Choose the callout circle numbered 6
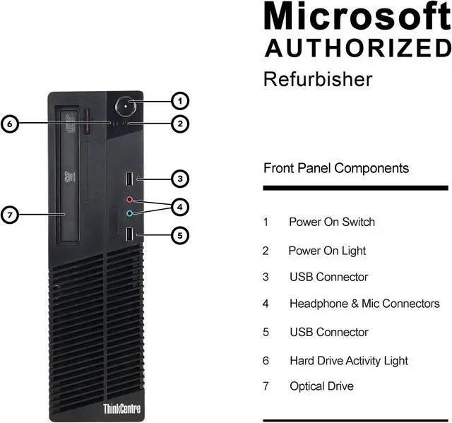(9, 124)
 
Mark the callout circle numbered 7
(9, 214)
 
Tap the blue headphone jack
(129, 213)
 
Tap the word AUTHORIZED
(357, 48)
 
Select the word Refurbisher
(317, 79)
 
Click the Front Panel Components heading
(336, 168)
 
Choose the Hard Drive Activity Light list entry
(348, 360)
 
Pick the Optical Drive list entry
(321, 386)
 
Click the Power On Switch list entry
(331, 222)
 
